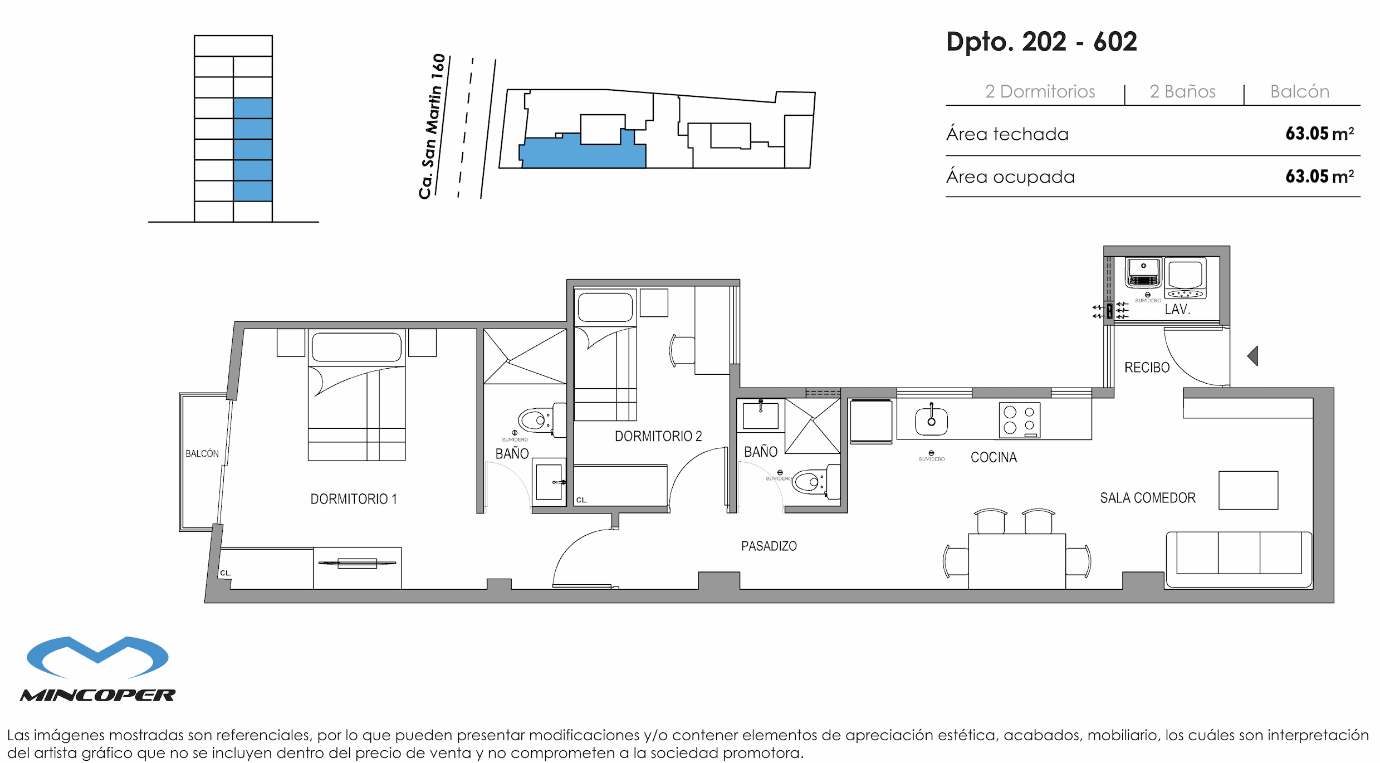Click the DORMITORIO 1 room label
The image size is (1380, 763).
[353, 499]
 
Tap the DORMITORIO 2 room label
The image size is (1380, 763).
[658, 436]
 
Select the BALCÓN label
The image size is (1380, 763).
[202, 454]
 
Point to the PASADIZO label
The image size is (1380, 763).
[769, 546]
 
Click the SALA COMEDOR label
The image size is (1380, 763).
[1147, 498]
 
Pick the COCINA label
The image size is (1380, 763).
[994, 457]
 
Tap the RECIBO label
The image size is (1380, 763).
[1147, 368]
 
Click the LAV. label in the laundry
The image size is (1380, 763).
[1177, 309]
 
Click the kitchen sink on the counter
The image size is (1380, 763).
[931, 421]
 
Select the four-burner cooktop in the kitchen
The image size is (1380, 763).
[1019, 420]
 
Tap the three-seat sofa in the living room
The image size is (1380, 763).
[1239, 559]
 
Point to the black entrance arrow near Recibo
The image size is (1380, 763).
[1253, 356]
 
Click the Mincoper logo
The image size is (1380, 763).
[98, 668]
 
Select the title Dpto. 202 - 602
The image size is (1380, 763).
[1041, 42]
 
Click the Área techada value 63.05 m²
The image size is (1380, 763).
[1319, 134]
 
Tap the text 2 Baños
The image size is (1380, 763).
[1182, 91]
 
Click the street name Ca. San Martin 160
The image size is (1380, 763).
[433, 127]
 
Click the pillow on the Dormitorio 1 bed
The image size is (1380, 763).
[356, 347]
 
